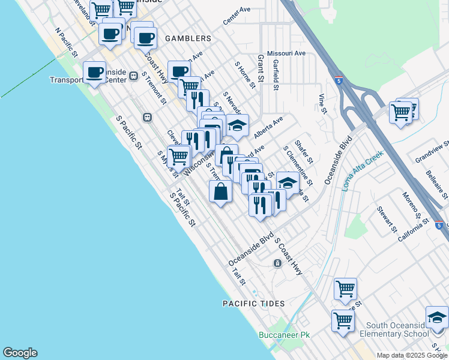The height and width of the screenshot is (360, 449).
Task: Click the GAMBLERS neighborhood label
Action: tap(185, 38)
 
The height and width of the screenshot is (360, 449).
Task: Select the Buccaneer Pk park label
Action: tap(284, 335)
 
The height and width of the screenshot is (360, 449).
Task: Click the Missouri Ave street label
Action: tap(286, 53)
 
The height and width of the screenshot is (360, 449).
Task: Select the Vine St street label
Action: tap(322, 104)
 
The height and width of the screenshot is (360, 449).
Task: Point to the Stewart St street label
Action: tap(387, 220)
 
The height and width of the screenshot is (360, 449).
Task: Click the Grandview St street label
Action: tap(432, 153)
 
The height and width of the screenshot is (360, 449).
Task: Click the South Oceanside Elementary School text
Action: tap(394, 329)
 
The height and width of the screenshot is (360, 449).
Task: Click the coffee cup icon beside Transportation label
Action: tap(94, 73)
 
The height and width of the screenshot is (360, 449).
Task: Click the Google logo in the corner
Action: tap(20, 353)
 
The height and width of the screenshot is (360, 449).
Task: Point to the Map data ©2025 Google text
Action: tap(411, 355)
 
